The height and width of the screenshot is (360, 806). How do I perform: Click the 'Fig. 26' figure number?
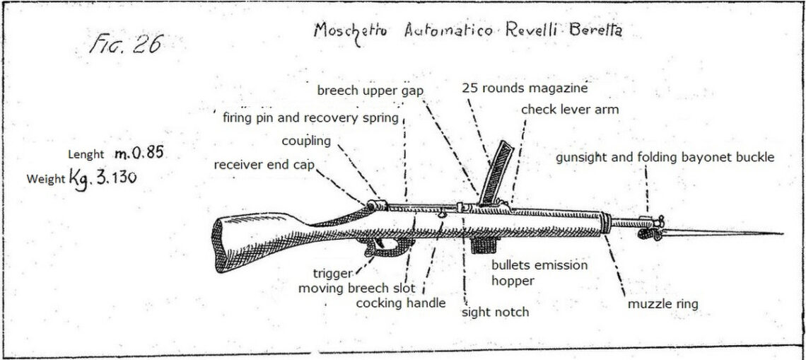(126, 45)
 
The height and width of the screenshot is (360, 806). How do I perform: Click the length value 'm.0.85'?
(139, 153)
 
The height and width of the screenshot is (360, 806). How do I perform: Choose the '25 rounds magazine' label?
(525, 88)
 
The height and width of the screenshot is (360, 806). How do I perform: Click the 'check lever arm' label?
(569, 110)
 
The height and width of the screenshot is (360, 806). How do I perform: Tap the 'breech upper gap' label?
(370, 90)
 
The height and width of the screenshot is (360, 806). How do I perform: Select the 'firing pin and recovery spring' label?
(310, 117)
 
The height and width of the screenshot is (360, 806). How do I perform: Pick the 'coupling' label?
(305, 141)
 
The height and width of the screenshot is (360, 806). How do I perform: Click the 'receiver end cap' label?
(264, 165)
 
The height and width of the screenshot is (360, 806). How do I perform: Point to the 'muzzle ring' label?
(662, 304)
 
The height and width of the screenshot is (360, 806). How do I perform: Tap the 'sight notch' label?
(495, 311)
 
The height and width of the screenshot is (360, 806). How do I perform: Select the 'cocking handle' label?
(400, 303)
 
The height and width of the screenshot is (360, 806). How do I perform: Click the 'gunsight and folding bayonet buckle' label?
(664, 157)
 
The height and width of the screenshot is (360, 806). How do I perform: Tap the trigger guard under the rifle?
(388, 247)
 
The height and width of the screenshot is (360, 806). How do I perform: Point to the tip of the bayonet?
(781, 233)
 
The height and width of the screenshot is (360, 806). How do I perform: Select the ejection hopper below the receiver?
(484, 244)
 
